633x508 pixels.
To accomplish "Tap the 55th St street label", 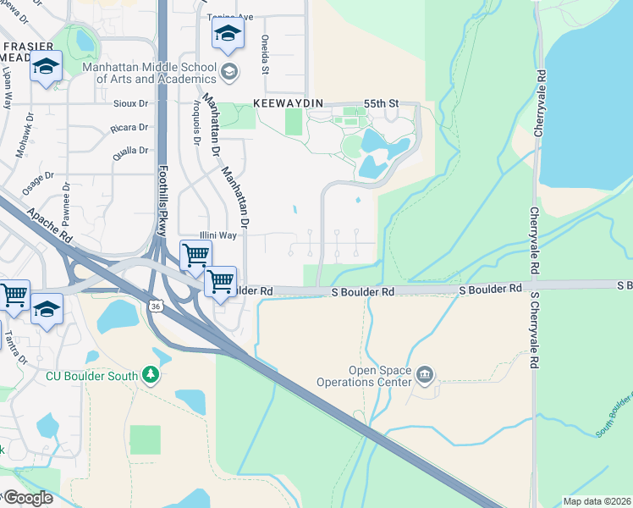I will click(x=380, y=103).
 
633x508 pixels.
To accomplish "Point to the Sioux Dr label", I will click(x=130, y=103).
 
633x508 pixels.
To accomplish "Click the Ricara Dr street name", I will click(x=129, y=128).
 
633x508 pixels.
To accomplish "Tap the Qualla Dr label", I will click(x=129, y=152).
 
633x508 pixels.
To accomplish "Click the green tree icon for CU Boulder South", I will click(x=151, y=374).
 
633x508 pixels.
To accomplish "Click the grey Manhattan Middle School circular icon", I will click(x=228, y=72).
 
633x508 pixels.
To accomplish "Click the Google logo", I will click(x=27, y=498).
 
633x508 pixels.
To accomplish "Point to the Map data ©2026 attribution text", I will click(x=596, y=501).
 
